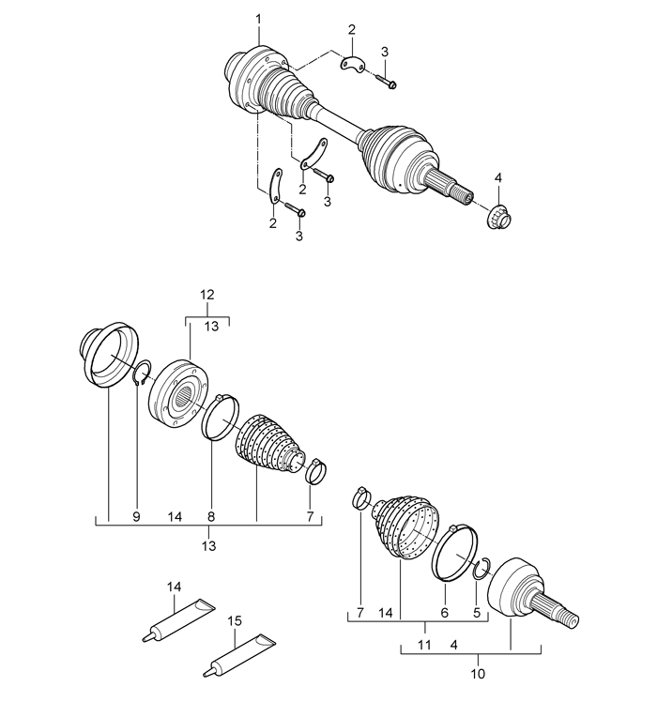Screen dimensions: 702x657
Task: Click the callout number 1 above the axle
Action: (259, 20)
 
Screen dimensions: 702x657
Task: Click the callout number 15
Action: (235, 620)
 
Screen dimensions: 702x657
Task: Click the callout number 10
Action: (477, 674)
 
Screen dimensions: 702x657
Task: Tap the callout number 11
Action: (423, 647)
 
